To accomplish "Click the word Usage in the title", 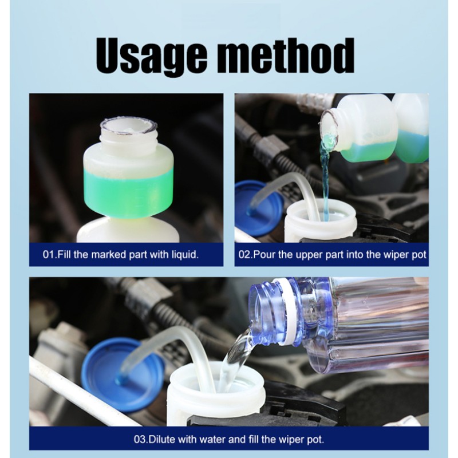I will (x=152, y=56).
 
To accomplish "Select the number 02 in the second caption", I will (x=244, y=254).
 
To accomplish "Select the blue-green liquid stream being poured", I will (x=325, y=172).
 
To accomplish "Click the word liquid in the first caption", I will (x=182, y=254).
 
